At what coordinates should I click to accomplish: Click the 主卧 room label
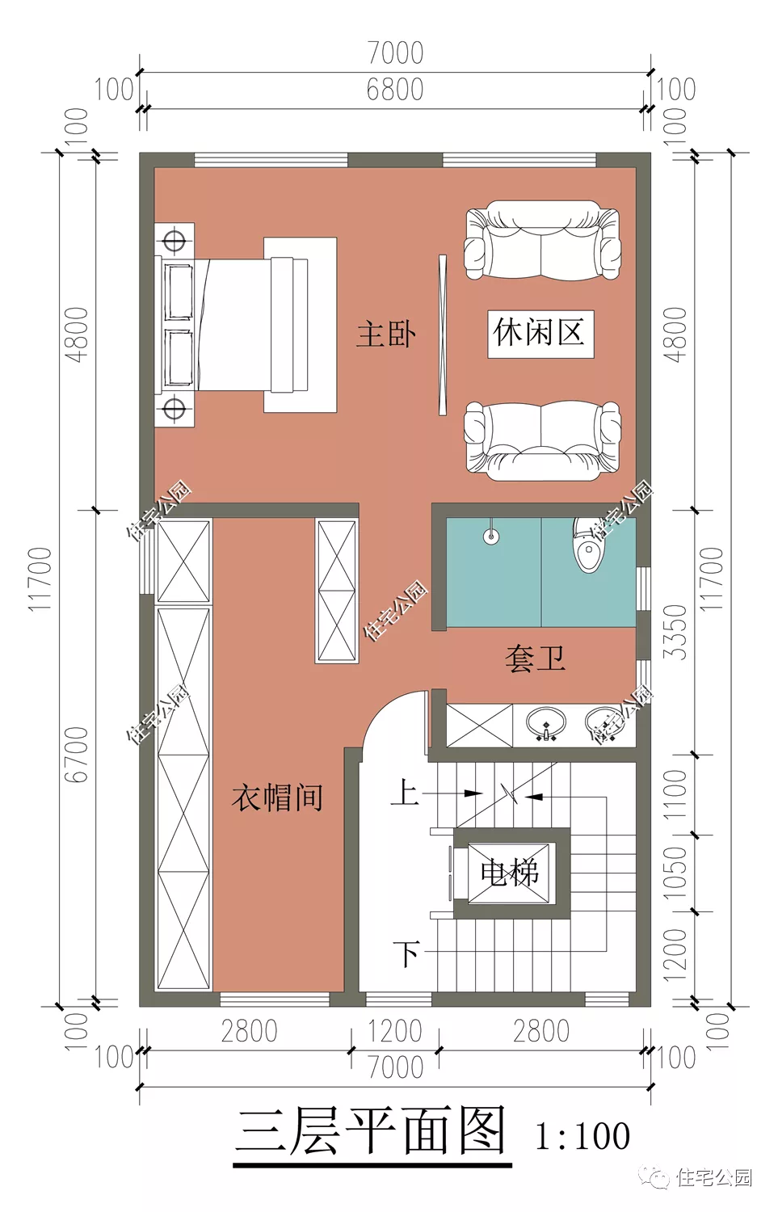click(x=386, y=334)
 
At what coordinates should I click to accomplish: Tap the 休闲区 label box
click(x=540, y=333)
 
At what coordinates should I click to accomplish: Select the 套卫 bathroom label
click(x=535, y=659)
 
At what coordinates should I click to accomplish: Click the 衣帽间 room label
click(x=277, y=797)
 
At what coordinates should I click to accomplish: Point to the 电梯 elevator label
click(x=509, y=873)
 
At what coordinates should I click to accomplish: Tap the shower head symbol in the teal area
click(x=490, y=536)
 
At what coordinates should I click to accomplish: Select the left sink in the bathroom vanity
click(x=547, y=723)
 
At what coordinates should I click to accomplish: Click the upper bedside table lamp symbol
click(x=175, y=241)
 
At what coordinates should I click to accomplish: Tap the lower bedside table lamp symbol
click(x=175, y=408)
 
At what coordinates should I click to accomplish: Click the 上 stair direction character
click(x=405, y=792)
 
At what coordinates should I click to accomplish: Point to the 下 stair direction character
click(x=406, y=953)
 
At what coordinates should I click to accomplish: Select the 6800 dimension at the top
click(x=394, y=90)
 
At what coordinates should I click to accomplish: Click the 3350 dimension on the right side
click(x=675, y=631)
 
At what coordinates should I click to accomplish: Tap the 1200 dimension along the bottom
click(x=394, y=1031)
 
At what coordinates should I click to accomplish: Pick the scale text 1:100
click(x=582, y=1136)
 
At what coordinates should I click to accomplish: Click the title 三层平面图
click(x=372, y=1131)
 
